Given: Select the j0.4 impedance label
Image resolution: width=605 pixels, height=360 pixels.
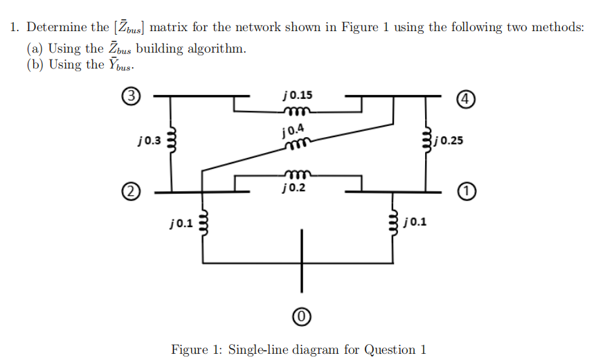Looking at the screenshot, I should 292,130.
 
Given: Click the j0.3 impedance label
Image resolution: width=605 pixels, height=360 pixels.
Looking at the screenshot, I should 150,141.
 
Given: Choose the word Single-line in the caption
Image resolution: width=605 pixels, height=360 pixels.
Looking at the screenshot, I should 261,349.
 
